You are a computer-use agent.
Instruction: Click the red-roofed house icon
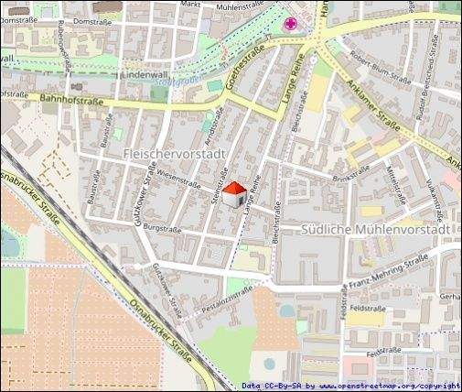pyautogui.click(x=234, y=193)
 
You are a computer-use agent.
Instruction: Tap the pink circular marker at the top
pyautogui.click(x=292, y=24)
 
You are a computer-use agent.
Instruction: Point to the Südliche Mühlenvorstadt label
pyautogui.click(x=375, y=226)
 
